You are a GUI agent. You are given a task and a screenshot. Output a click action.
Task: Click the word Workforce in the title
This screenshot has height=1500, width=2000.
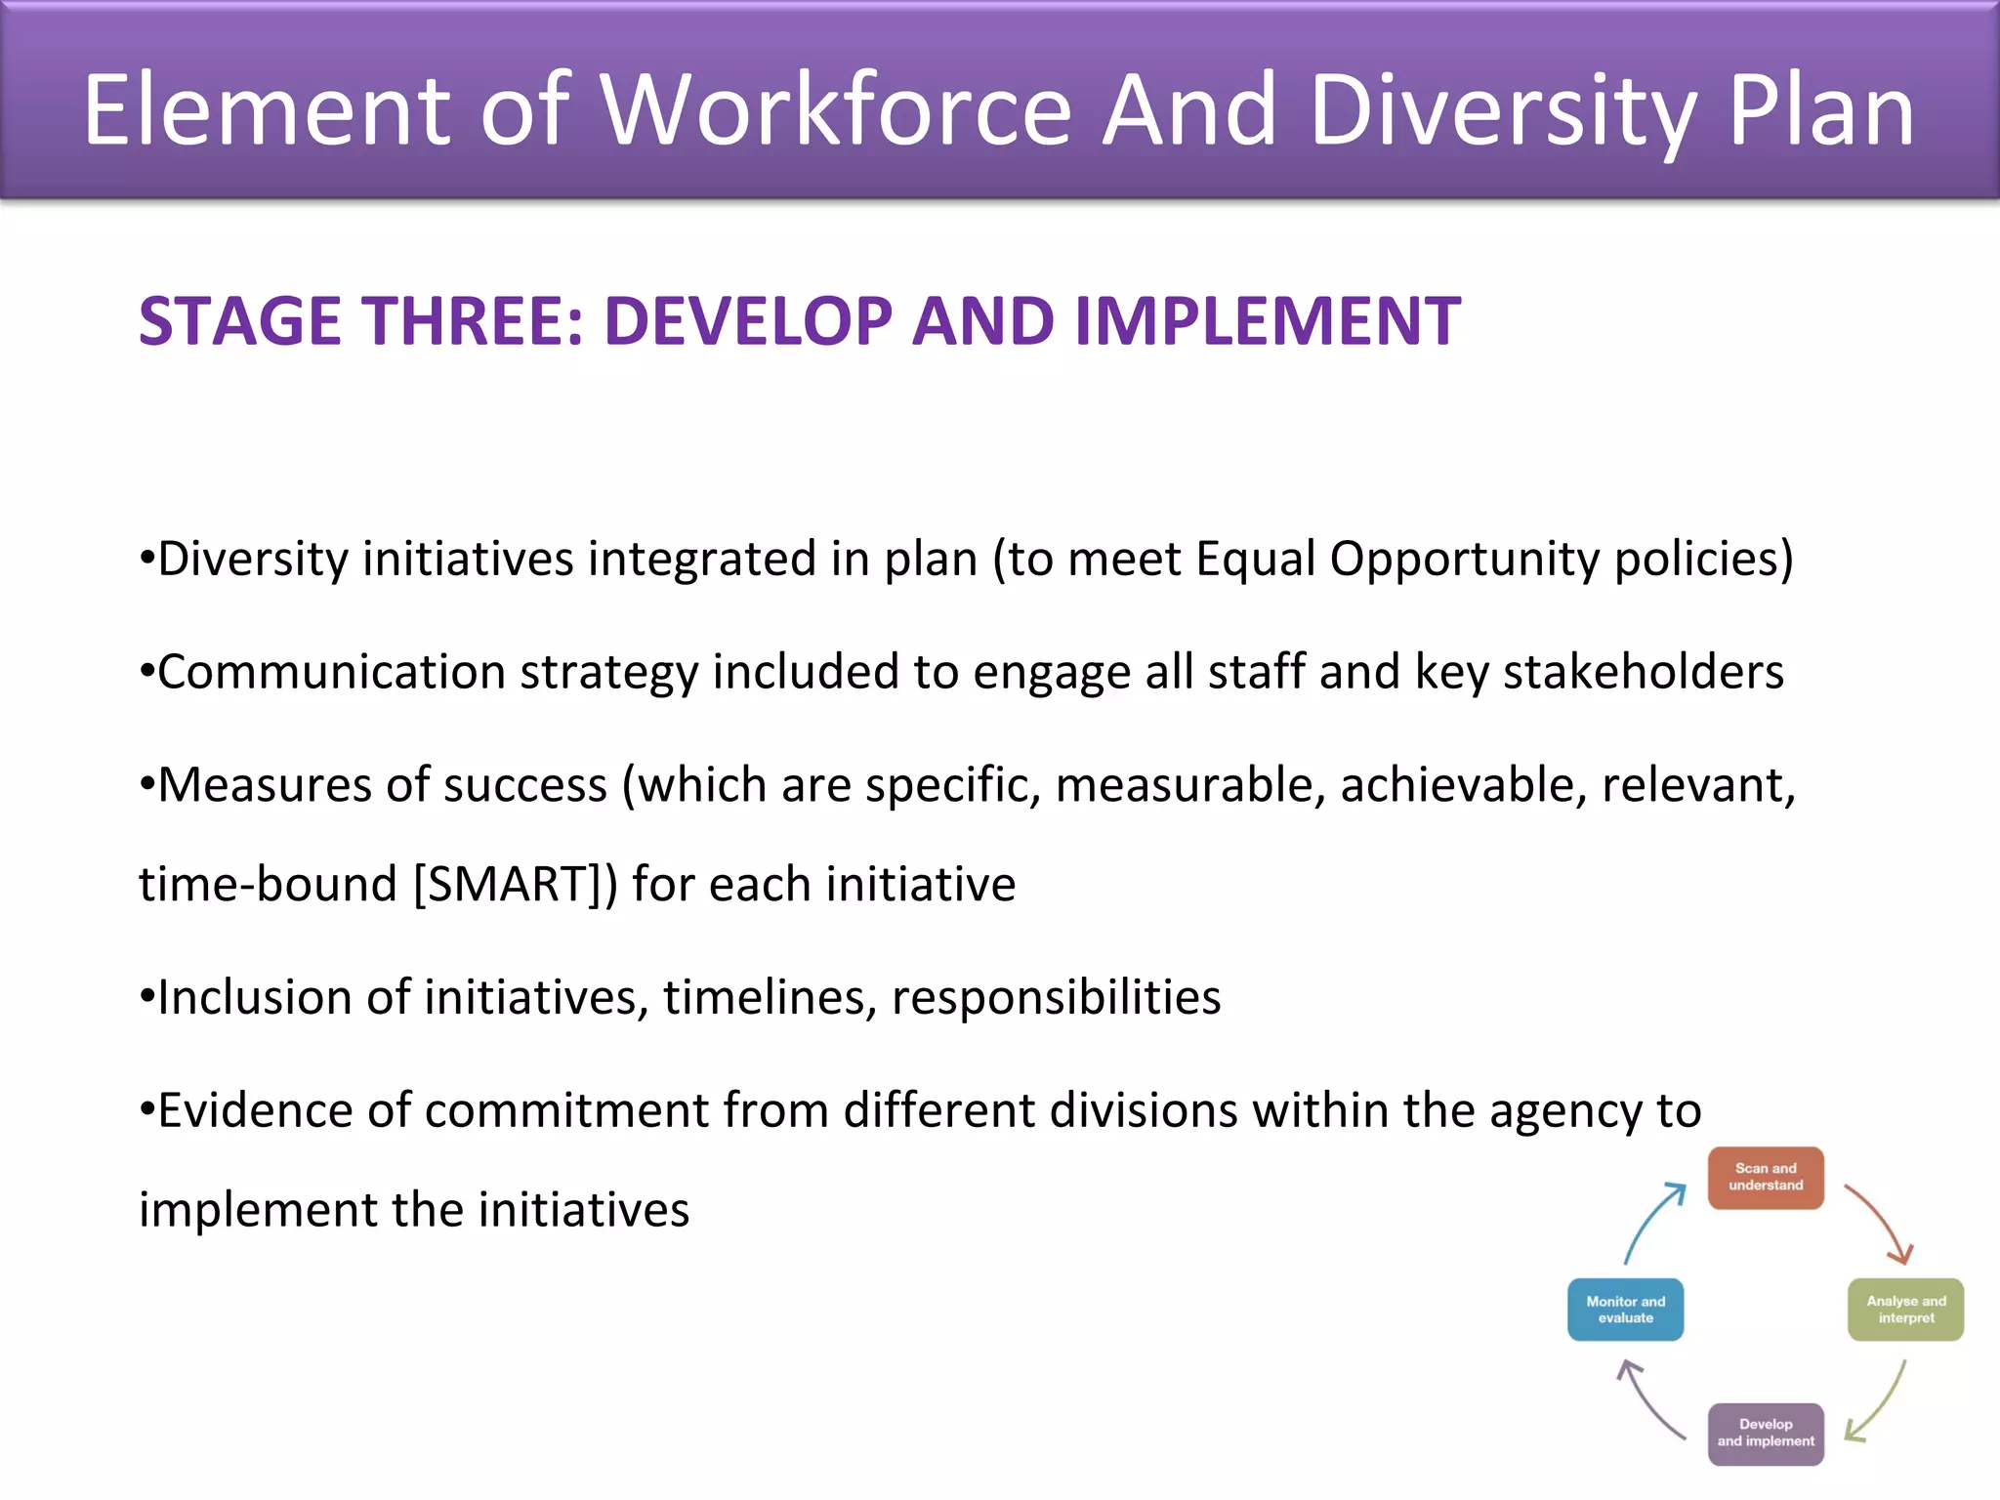pos(837,110)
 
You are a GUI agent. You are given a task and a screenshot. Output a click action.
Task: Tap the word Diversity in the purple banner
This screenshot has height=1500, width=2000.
pos(1500,110)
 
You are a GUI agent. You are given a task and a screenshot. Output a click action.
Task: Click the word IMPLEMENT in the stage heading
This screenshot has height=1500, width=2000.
pos(1267,321)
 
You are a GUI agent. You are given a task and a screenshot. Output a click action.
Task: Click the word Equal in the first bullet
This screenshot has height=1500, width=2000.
pos(1254,560)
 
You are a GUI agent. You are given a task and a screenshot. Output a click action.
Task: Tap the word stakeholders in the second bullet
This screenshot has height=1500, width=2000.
pos(1643,673)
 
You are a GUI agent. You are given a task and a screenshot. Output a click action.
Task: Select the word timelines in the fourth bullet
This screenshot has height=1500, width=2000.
pos(770,998)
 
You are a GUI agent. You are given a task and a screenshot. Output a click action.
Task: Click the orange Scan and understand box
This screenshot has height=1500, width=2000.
pos(1765,1178)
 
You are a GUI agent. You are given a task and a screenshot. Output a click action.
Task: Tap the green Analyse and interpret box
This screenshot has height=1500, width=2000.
pos(1905,1310)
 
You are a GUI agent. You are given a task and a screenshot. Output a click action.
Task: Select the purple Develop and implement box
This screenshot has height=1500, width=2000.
pos(1765,1434)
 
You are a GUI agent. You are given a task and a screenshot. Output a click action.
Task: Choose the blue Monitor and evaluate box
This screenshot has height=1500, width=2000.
pos(1625,1310)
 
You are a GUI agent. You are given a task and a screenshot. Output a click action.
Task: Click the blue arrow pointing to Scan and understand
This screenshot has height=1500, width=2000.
pos(1652,1221)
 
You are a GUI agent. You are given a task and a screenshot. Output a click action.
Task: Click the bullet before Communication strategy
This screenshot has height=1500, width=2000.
pos(146,673)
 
